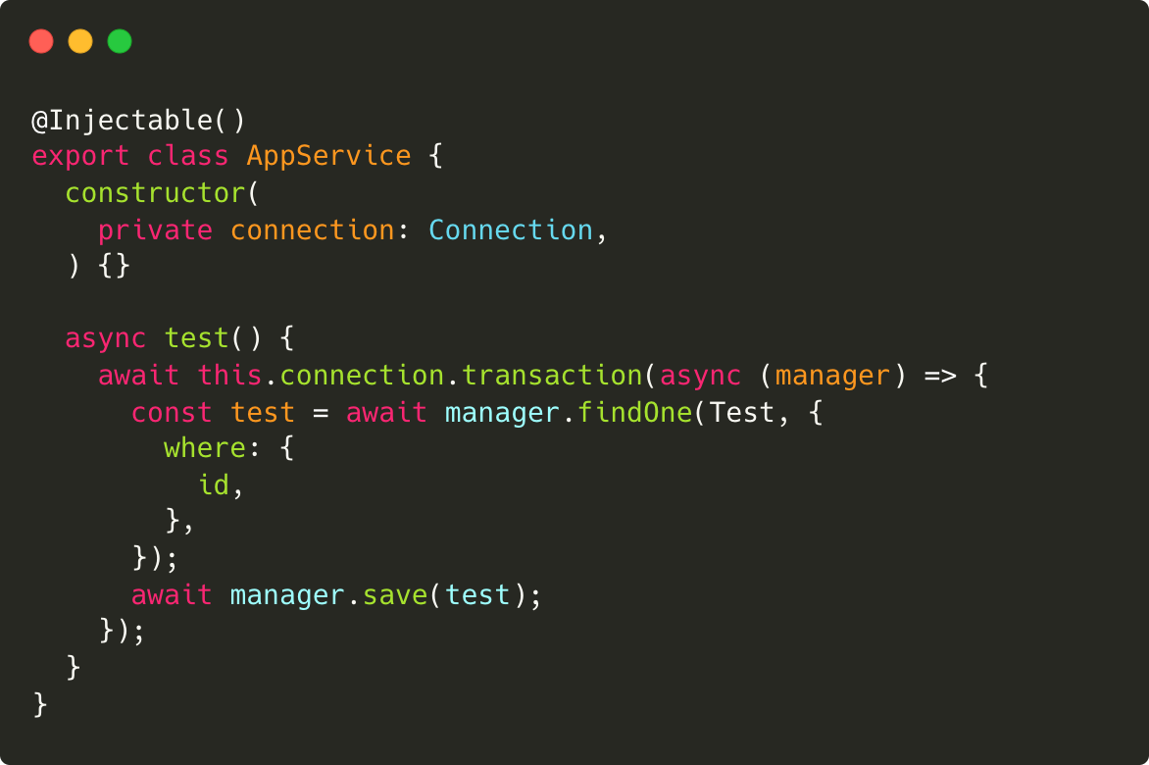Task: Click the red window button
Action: pyautogui.click(x=41, y=41)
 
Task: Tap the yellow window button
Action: pyautogui.click(x=80, y=41)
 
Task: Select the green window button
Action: pyautogui.click(x=120, y=41)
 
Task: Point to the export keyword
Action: pyautogui.click(x=80, y=156)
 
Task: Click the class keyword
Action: pyautogui.click(x=188, y=156)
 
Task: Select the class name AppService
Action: pyautogui.click(x=329, y=156)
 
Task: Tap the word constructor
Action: pyautogui.click(x=156, y=193)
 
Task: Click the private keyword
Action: pyautogui.click(x=155, y=230)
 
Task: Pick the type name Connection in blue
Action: pyautogui.click(x=511, y=230)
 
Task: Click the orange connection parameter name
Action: pyautogui.click(x=313, y=230)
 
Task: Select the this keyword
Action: pyautogui.click(x=230, y=376)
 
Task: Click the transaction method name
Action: pyautogui.click(x=552, y=376)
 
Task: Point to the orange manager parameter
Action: pyautogui.click(x=833, y=376)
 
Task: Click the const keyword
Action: pyautogui.click(x=172, y=413)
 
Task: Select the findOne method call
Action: pyautogui.click(x=635, y=413)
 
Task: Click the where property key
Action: pyautogui.click(x=205, y=449)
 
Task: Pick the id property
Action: pyautogui.click(x=214, y=485)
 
